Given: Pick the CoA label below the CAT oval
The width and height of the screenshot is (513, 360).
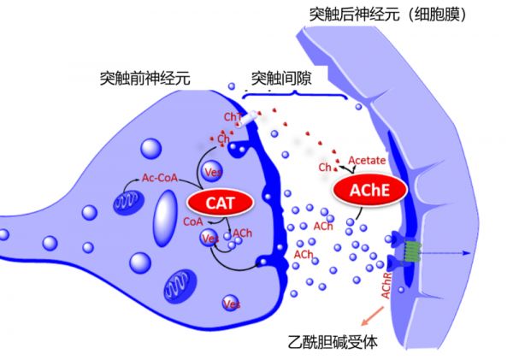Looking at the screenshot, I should click(192, 221).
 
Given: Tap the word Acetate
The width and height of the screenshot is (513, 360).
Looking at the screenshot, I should click(366, 160).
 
